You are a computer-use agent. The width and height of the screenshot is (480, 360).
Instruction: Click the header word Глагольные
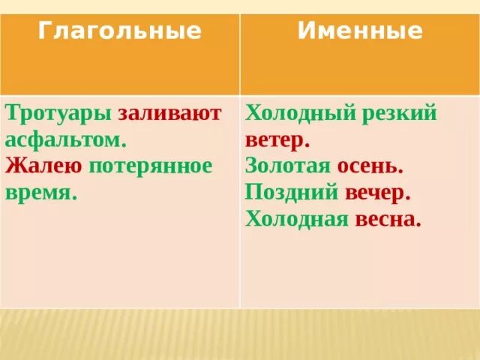tap(120, 31)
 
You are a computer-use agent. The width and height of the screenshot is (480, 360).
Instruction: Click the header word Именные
tap(360, 31)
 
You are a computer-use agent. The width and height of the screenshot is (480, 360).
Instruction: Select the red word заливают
tap(169, 113)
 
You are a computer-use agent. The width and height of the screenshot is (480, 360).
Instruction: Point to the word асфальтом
tap(66, 139)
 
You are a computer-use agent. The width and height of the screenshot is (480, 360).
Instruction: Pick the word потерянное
tap(151, 166)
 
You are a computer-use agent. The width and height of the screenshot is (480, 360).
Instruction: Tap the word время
tap(40, 192)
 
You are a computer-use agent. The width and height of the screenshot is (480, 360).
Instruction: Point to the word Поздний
tap(291, 192)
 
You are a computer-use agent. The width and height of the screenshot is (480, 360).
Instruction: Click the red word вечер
tap(378, 192)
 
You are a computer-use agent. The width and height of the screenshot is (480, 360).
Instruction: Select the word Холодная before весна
tap(297, 219)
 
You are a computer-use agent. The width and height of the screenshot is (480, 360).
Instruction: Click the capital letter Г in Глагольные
tap(44, 31)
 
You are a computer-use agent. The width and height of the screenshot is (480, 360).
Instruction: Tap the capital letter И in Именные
tap(304, 31)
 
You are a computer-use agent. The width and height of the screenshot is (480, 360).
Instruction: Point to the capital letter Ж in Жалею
tap(13, 166)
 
